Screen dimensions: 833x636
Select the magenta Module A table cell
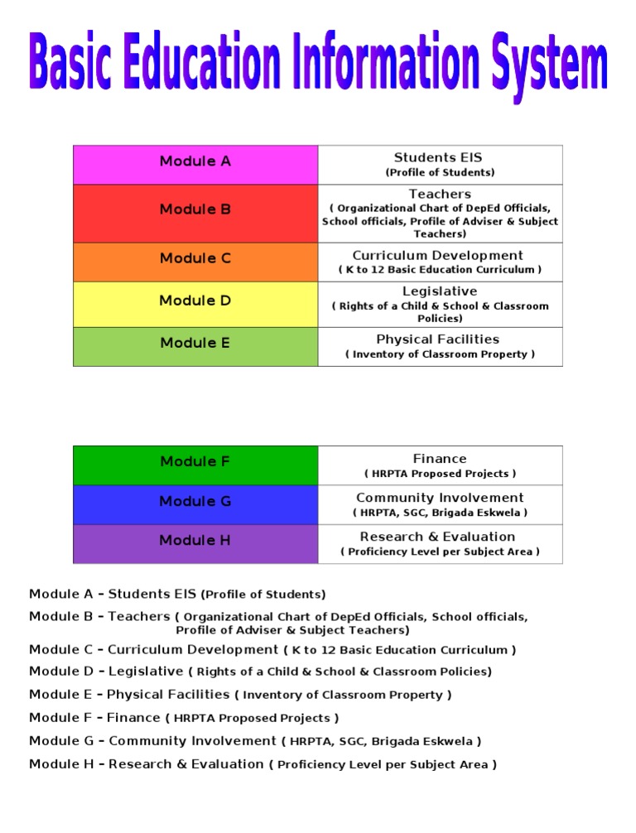click(195, 164)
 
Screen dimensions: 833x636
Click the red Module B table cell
click(195, 213)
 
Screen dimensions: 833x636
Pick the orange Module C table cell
click(195, 262)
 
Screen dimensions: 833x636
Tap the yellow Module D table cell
click(195, 304)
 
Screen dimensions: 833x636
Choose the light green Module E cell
click(195, 346)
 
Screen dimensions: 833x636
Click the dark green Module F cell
click(195, 465)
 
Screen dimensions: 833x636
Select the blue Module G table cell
click(195, 504)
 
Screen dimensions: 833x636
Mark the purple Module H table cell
click(195, 543)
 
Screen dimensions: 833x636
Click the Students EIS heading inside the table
click(438, 158)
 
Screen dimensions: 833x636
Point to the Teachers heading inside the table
click(440, 195)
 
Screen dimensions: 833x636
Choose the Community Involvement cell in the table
click(440, 504)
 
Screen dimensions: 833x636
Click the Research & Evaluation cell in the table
click(440, 543)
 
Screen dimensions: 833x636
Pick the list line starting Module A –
click(177, 594)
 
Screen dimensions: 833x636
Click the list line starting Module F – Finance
click(184, 717)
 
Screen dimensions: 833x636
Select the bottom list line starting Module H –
click(263, 764)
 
